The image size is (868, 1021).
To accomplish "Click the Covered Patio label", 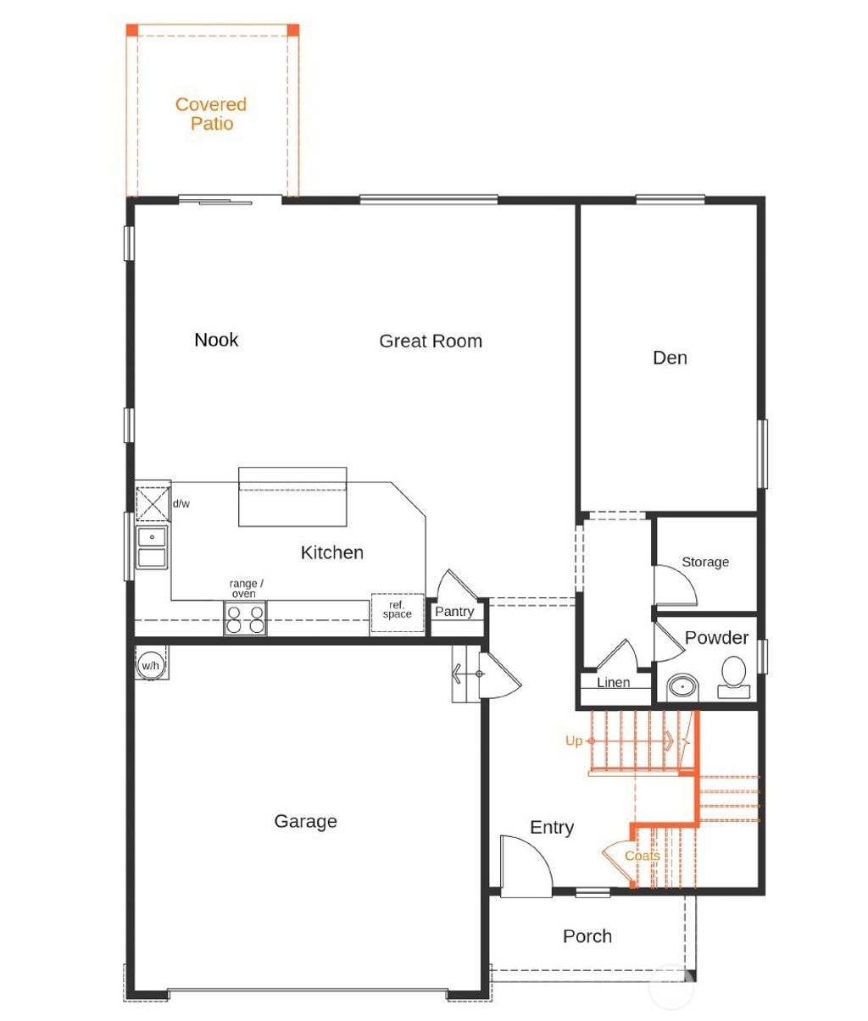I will pos(211,114).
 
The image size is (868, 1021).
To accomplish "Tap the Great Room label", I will pos(431,341).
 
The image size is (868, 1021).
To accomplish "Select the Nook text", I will pos(216,340).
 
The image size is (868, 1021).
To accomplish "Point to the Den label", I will pos(670,358).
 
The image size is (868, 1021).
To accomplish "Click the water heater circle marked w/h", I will pos(150,665).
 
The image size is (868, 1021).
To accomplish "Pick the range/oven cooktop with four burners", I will pos(245,619).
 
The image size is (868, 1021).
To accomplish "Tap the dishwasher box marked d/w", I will pos(153,504).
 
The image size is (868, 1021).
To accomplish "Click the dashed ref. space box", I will pos(397,612).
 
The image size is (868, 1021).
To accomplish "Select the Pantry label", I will pos(454,612).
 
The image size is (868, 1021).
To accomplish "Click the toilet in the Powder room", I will pos(733,676).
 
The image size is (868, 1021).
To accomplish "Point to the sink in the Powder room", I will pos(681,685).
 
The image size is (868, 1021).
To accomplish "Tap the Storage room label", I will pos(705,562).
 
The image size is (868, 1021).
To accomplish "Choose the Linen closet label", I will pos(614,683).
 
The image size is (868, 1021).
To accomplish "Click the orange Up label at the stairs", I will pos(574,741).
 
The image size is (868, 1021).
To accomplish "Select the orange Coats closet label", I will pos(643,856).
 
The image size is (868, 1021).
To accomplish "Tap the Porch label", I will pos(587,936).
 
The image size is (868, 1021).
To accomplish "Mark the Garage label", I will pos(305,822).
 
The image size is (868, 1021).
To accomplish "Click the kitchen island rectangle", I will pos(292,497).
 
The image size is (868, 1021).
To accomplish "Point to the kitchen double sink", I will pos(153,547).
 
